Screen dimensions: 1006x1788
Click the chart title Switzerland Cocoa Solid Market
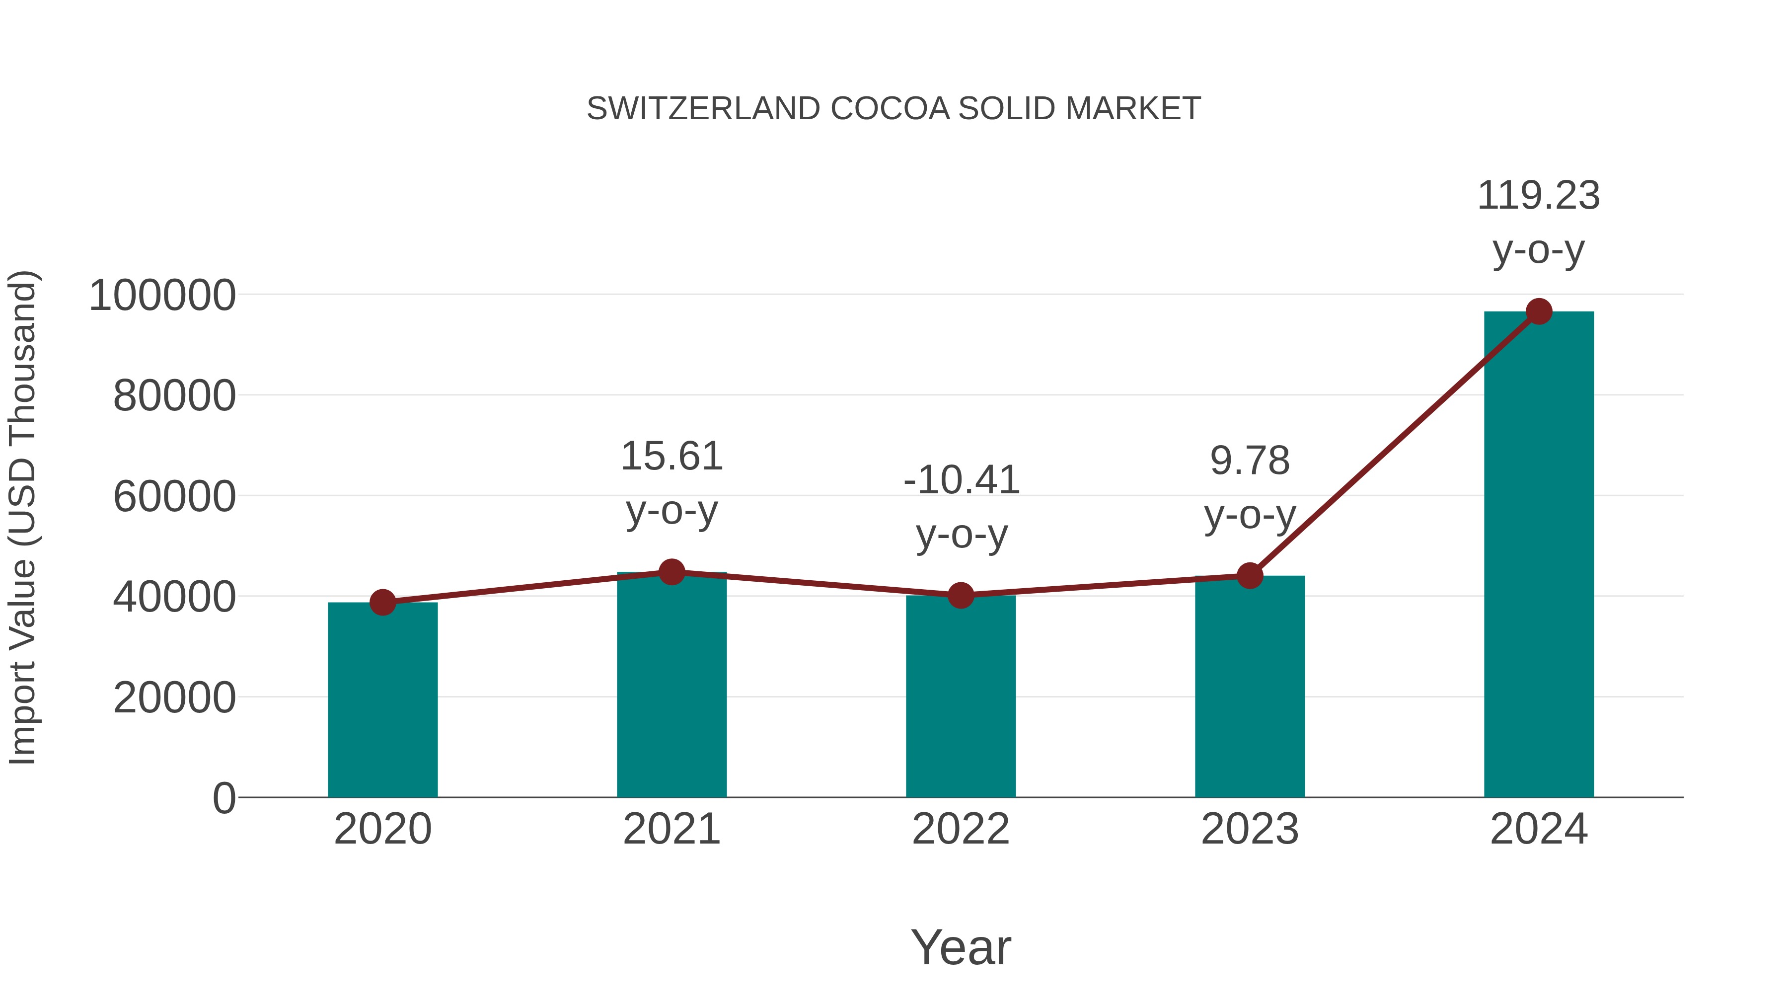click(x=894, y=108)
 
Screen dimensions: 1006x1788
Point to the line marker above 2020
click(x=382, y=603)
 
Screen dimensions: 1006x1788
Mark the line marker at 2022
click(x=961, y=595)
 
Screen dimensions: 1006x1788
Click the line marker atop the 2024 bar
click(x=1539, y=311)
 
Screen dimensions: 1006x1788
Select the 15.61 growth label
click(x=671, y=457)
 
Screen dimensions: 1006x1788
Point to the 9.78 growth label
click(x=1250, y=461)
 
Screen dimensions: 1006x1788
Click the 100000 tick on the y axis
click(x=162, y=295)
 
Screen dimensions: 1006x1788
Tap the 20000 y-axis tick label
click(x=174, y=698)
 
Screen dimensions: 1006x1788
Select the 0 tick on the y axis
click(x=224, y=798)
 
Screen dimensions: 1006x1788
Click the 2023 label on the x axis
click(x=1250, y=829)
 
